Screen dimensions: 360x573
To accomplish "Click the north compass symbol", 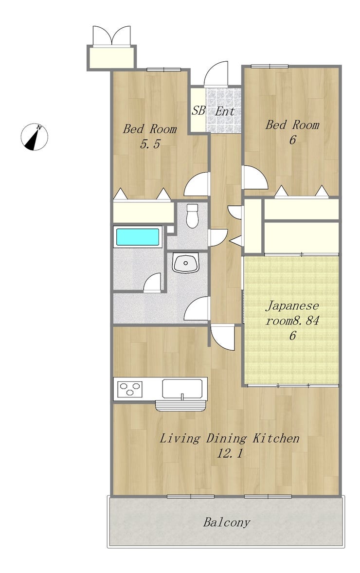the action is click(x=34, y=137).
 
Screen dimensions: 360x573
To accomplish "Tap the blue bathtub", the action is click(x=138, y=237).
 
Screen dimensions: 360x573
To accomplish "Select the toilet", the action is click(x=192, y=215).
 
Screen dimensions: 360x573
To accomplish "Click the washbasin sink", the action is click(x=186, y=263).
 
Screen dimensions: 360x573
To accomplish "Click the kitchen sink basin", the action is click(x=182, y=389).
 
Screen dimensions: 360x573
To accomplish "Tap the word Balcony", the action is click(x=227, y=522).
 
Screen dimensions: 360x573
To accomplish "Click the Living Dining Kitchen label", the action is click(x=230, y=438).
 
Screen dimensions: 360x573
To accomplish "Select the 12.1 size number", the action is click(x=230, y=453).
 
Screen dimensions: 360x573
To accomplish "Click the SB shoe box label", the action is click(x=198, y=110).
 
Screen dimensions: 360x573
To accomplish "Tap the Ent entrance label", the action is click(x=224, y=111).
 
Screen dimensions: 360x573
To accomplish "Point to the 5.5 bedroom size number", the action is click(x=150, y=144).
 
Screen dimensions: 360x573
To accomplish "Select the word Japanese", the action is click(x=292, y=305).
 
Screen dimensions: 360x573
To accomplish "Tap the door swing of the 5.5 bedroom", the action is click(x=196, y=184).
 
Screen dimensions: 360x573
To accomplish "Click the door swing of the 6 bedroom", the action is click(x=255, y=178).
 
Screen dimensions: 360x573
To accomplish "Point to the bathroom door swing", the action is click(x=152, y=283).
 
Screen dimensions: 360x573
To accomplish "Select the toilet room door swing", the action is click(x=218, y=237).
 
